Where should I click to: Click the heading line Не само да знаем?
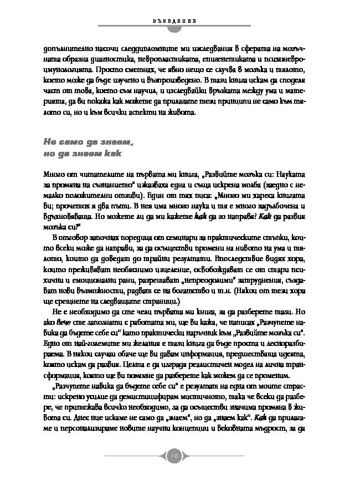click(89, 142)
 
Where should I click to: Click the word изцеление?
click(174, 271)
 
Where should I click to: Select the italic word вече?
click(67, 328)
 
